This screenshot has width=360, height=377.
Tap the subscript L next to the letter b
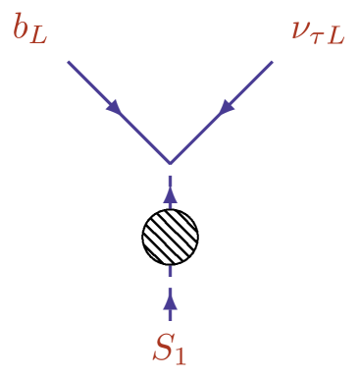click(38, 36)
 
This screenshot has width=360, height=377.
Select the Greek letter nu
click(300, 28)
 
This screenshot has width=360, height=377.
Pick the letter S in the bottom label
click(163, 348)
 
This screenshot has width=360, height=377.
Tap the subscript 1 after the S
click(180, 353)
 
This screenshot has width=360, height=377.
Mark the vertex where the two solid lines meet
click(171, 162)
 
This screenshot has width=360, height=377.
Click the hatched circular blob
click(171, 237)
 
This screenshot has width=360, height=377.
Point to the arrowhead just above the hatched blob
click(171, 195)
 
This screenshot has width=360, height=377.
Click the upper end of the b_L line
click(69, 62)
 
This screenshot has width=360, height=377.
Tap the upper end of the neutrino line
click(272, 62)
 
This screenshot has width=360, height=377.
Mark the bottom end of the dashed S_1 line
click(171, 320)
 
